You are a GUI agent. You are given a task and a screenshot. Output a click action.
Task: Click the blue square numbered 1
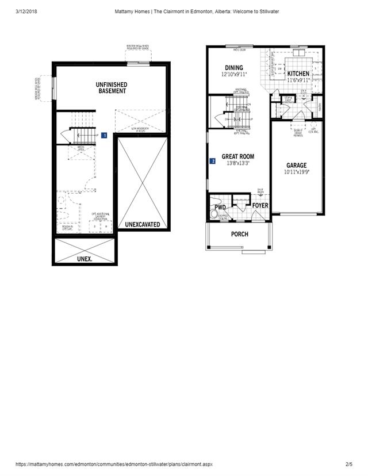pyautogui.click(x=104, y=136)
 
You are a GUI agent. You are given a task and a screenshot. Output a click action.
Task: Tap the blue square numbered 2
pyautogui.click(x=213, y=162)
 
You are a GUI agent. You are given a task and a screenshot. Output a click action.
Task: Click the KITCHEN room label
pyautogui.click(x=298, y=74)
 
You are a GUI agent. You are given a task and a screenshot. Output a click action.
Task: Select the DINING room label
pyautogui.click(x=234, y=68)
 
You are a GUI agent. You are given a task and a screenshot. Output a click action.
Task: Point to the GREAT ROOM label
pyautogui.click(x=237, y=156)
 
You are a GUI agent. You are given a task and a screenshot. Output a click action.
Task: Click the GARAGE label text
pyautogui.click(x=297, y=165)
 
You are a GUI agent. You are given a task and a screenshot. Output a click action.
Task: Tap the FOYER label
pyautogui.click(x=260, y=205)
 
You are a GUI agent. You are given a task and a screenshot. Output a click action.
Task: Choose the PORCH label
pyautogui.click(x=239, y=234)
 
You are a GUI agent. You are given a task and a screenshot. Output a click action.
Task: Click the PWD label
pyautogui.click(x=220, y=208)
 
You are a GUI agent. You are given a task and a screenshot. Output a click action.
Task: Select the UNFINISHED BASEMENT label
pyautogui.click(x=112, y=88)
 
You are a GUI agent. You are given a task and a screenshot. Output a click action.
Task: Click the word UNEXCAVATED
pyautogui.click(x=143, y=224)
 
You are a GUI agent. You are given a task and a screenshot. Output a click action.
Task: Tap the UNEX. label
pyautogui.click(x=85, y=259)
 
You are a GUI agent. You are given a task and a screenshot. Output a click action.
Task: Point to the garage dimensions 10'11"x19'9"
pyautogui.click(x=297, y=172)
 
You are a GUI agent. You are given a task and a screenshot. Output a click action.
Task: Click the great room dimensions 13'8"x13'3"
pyautogui.click(x=237, y=163)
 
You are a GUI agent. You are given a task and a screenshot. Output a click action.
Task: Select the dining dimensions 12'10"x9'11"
pyautogui.click(x=234, y=75)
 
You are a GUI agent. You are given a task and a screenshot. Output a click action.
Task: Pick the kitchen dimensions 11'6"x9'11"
pyautogui.click(x=298, y=80)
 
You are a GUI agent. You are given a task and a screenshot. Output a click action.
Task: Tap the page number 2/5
pyautogui.click(x=348, y=463)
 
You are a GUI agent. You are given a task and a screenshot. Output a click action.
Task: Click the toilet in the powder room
pyautogui.click(x=214, y=214)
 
